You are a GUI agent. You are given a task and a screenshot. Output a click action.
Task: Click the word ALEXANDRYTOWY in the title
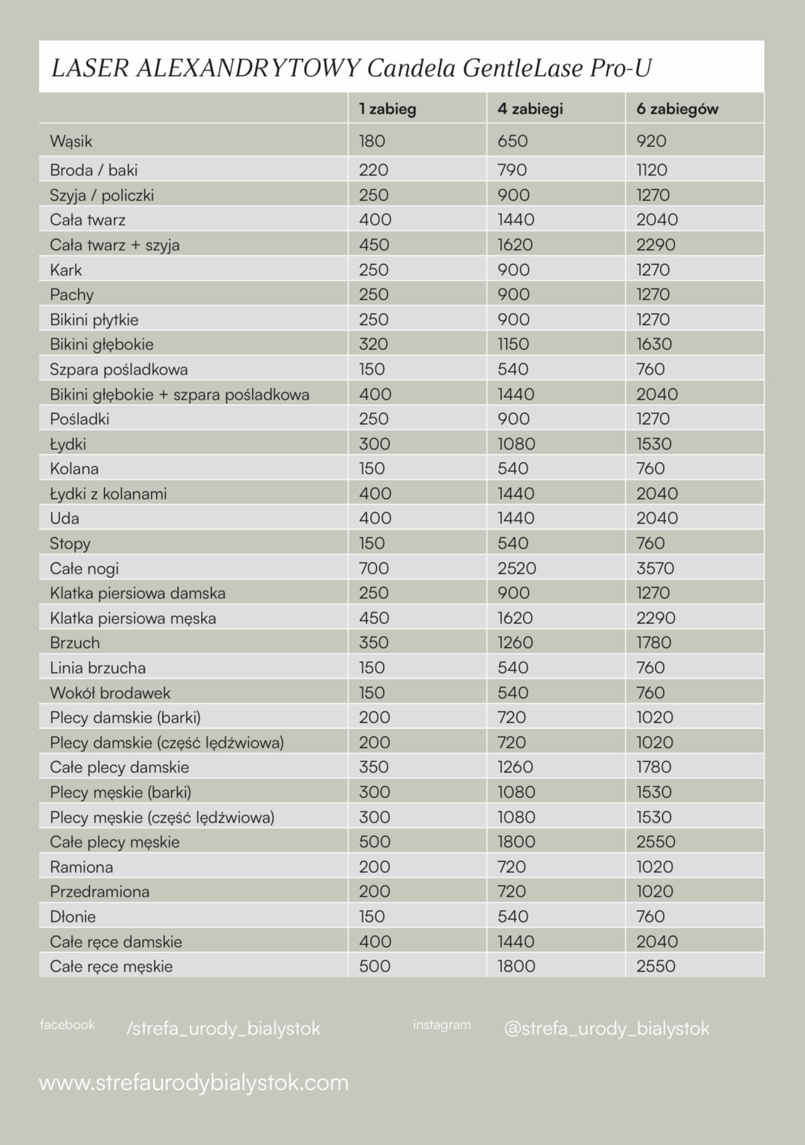pyautogui.click(x=248, y=68)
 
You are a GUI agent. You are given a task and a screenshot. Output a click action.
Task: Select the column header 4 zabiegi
pyautogui.click(x=530, y=109)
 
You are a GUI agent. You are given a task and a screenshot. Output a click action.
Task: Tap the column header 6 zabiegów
pyautogui.click(x=677, y=109)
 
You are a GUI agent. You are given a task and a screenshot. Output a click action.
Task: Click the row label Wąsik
pyautogui.click(x=71, y=141)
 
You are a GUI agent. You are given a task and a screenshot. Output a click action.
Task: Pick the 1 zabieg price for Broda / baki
pyautogui.click(x=373, y=170)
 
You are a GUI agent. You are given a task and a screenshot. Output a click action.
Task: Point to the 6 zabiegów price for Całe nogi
pyautogui.click(x=655, y=568)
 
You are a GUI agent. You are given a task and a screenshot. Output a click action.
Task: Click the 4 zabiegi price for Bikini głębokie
pyautogui.click(x=513, y=344)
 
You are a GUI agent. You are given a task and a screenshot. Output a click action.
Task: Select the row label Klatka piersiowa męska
pyautogui.click(x=133, y=618)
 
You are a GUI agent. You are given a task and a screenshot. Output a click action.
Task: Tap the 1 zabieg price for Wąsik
pyautogui.click(x=372, y=141)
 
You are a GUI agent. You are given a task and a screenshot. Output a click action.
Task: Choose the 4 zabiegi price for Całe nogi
pyautogui.click(x=517, y=568)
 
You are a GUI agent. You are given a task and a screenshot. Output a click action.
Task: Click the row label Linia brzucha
pyautogui.click(x=97, y=667)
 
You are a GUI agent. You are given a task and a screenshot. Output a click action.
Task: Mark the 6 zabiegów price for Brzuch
pyautogui.click(x=654, y=642)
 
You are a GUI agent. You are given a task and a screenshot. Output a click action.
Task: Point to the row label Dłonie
pyautogui.click(x=73, y=916)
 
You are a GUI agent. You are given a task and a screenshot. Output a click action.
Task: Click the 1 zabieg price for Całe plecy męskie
pyautogui.click(x=375, y=841)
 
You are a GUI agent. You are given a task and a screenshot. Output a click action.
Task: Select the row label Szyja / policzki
pyautogui.click(x=102, y=195)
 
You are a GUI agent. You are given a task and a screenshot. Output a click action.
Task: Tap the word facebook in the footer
pyautogui.click(x=67, y=1025)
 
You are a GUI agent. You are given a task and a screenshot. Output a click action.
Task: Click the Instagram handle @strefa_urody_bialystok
pyautogui.click(x=606, y=1029)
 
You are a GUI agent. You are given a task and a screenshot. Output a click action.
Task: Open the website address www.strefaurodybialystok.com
pyautogui.click(x=194, y=1083)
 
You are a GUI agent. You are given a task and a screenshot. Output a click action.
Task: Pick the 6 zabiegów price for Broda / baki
pyautogui.click(x=652, y=170)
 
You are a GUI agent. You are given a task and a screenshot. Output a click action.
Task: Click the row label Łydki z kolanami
pyautogui.click(x=108, y=493)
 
